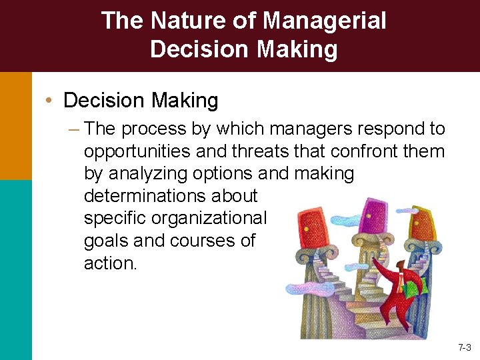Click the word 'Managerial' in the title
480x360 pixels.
324,21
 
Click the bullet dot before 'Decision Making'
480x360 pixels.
50,100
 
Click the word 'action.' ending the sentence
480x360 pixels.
110,263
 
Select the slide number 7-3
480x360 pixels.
464,347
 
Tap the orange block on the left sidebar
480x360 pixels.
15,126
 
